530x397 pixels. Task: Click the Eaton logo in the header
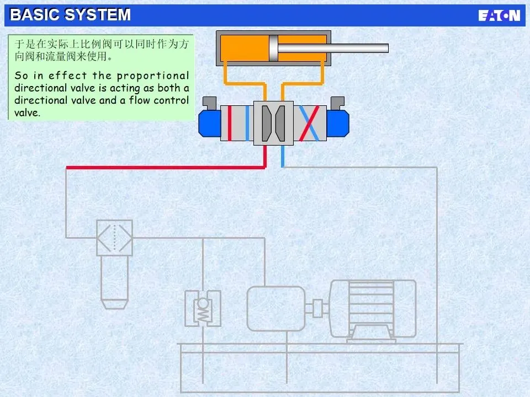[x=499, y=15]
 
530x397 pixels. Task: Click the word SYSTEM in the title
[x=98, y=15]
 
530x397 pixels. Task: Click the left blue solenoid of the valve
[x=210, y=124]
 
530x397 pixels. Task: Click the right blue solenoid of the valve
[x=337, y=124]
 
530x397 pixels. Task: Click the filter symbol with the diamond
[x=115, y=238]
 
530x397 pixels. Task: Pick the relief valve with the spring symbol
[x=203, y=309]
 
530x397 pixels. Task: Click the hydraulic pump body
[x=275, y=308]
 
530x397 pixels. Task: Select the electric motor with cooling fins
[x=373, y=308]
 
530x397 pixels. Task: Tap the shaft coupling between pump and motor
[x=317, y=308]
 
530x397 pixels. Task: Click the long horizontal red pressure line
[x=166, y=167]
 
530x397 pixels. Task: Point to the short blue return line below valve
[x=283, y=156]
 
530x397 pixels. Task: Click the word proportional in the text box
[x=153, y=76]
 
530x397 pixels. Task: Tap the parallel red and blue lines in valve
[x=237, y=123]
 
